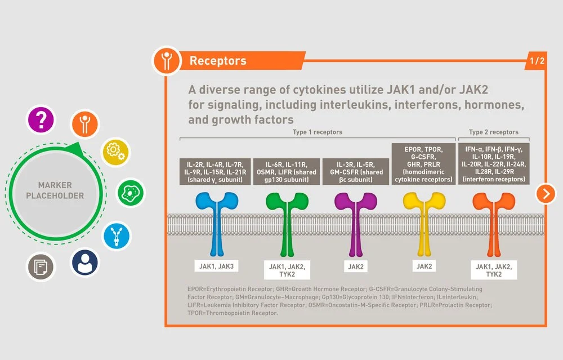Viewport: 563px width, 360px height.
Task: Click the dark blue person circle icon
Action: coord(85,262)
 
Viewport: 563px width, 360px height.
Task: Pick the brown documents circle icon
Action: coord(41,266)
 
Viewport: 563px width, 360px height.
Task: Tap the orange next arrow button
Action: coord(546,193)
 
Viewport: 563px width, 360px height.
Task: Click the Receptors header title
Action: coord(218,61)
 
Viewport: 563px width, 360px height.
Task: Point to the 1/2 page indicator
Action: coord(537,61)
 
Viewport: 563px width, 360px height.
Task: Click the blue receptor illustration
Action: coord(215,222)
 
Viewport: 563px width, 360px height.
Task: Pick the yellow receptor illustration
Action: coord(423,222)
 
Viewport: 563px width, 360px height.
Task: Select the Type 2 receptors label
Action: coord(493,132)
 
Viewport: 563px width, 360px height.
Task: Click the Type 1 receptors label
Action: coord(318,132)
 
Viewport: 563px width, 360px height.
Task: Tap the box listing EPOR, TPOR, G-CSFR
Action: coord(423,164)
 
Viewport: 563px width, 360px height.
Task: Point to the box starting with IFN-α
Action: coord(493,164)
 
